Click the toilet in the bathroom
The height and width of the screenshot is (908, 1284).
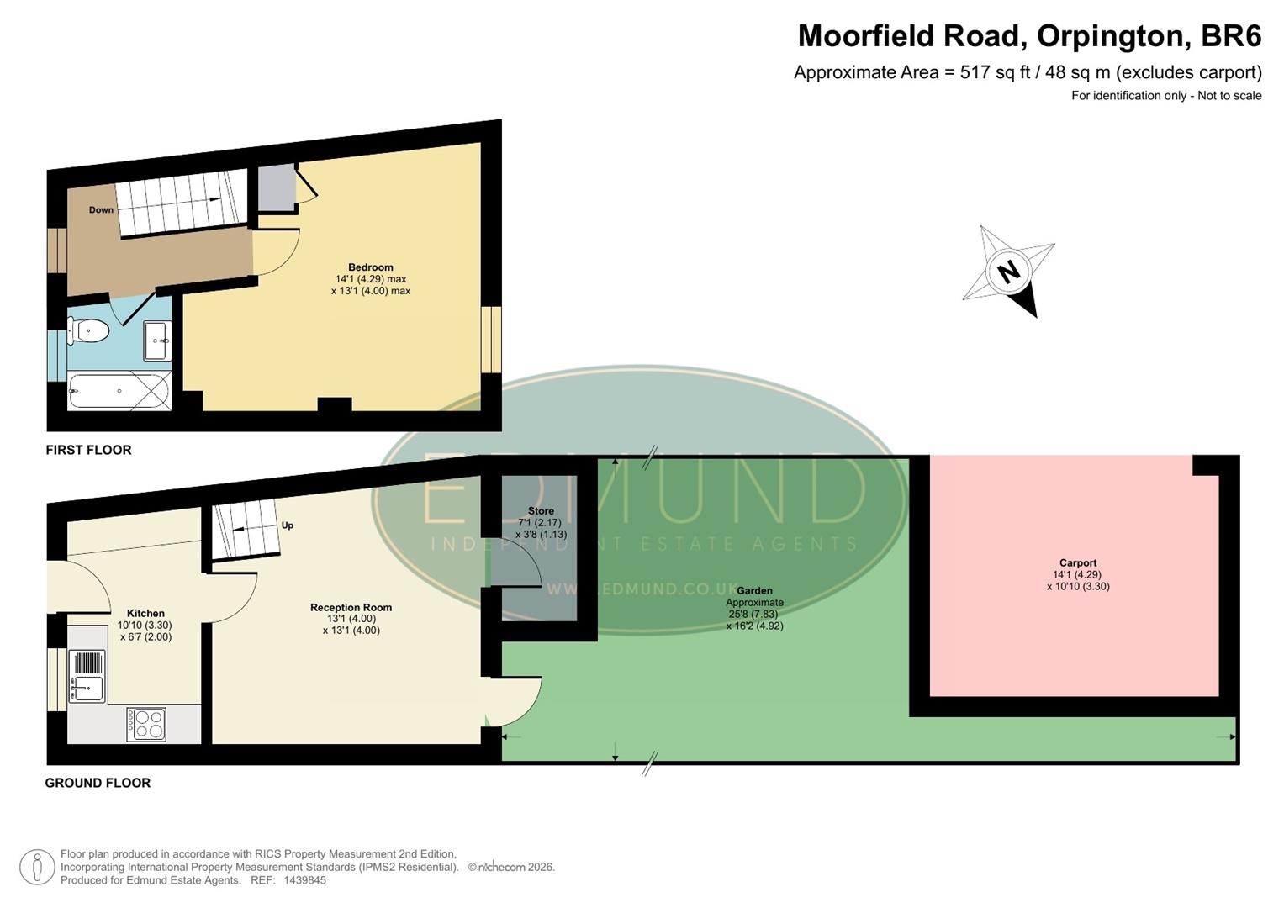[x=89, y=331]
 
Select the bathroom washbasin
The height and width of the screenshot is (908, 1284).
[x=157, y=340]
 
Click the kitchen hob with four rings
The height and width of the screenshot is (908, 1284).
[x=146, y=724]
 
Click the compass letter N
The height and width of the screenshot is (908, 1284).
[x=1008, y=272]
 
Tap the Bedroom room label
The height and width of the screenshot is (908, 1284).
[x=371, y=267]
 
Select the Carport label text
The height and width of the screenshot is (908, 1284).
[x=1078, y=563]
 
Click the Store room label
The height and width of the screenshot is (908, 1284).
[x=541, y=511]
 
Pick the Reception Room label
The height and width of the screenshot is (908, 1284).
[x=351, y=607]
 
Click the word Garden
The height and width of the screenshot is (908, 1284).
[x=754, y=591]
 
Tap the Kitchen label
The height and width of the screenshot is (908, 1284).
[x=145, y=614]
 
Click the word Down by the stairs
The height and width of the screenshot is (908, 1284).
[x=101, y=210]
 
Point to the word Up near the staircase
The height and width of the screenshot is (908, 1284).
[x=288, y=525]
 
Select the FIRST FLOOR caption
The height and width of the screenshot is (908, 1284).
[x=88, y=450]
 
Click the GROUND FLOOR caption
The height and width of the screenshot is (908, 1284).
[x=98, y=783]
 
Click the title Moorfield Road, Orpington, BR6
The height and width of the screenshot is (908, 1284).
[x=1029, y=36]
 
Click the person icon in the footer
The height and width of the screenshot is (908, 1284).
[x=37, y=867]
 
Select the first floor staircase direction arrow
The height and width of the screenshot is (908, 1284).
[x=214, y=199]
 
